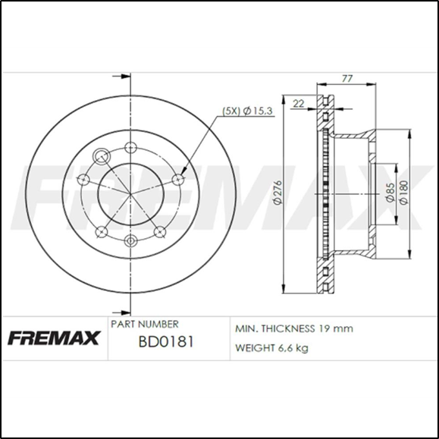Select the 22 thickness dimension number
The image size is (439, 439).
coord(298,104)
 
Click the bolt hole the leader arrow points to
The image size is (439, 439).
coord(178,179)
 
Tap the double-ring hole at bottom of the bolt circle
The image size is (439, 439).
coord(130,241)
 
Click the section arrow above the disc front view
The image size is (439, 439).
coord(118,76)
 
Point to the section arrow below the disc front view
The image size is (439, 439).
coord(118,311)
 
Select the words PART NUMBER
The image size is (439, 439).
coord(145,324)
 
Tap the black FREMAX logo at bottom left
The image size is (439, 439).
coord(53,337)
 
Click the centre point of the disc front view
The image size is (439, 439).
coord(130,193)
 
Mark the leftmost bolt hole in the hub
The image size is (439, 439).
coord(85,180)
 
